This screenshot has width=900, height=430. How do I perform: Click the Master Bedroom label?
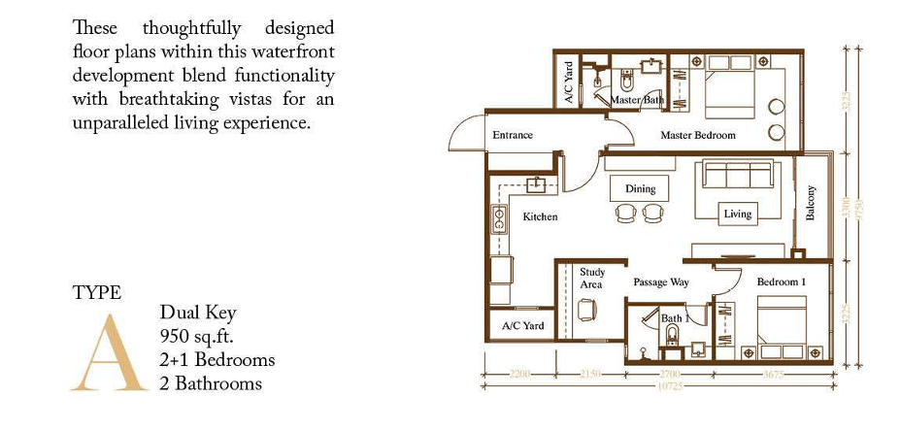(x=698, y=135)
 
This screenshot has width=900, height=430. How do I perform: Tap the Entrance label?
(x=513, y=135)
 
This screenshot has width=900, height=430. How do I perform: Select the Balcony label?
(x=812, y=203)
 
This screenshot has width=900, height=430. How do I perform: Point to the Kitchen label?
(x=540, y=216)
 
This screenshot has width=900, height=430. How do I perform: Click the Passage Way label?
(x=661, y=282)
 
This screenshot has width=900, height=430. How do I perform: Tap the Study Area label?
(x=591, y=279)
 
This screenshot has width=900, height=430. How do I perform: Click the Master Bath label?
(x=637, y=100)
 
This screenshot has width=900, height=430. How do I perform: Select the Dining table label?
(x=640, y=188)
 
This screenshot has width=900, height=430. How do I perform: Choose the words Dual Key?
(x=198, y=313)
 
